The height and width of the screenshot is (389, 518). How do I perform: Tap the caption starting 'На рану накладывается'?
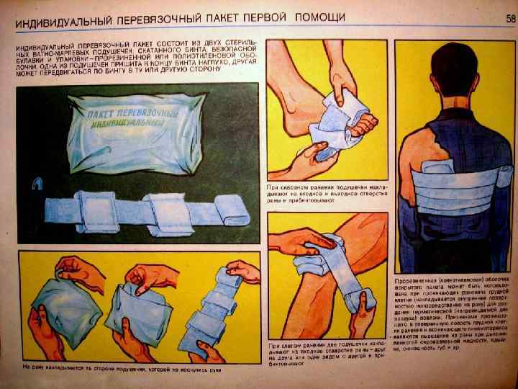(x=119, y=369)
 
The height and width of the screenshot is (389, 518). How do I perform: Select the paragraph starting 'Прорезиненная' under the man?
(x=450, y=317)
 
